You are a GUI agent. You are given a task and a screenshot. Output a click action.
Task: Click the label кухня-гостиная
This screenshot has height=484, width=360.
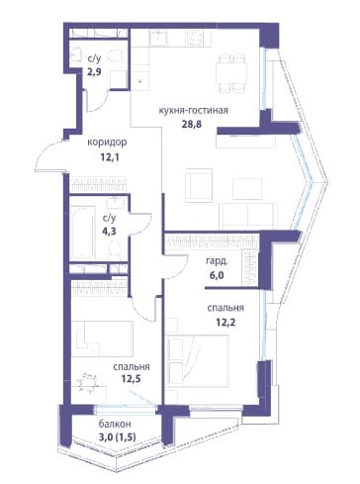(194, 111)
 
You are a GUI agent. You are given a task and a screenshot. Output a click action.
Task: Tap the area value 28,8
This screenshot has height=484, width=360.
(192, 125)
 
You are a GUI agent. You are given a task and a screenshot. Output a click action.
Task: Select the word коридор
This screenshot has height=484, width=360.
(107, 143)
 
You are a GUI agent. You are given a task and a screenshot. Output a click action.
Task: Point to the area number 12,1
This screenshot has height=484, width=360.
(110, 156)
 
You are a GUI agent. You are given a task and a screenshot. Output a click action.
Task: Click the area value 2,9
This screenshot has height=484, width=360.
(94, 72)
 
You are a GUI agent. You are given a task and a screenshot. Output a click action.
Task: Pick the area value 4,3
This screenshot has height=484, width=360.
(109, 231)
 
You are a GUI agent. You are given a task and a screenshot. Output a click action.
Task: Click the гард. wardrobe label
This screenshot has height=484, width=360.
(217, 261)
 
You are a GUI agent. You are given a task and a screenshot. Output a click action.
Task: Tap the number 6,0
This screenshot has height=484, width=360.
(217, 275)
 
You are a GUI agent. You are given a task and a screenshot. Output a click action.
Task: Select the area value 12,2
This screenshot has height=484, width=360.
(225, 322)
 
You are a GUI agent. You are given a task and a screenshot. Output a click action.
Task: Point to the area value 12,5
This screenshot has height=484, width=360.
(131, 378)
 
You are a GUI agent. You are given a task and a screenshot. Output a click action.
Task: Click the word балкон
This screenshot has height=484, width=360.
(115, 424)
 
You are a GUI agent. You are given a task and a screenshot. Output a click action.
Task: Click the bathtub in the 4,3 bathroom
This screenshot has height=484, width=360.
(83, 232)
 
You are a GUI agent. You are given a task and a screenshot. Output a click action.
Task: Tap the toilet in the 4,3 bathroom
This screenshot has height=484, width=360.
(114, 250)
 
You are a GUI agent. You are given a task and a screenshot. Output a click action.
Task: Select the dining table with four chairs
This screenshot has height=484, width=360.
(231, 72)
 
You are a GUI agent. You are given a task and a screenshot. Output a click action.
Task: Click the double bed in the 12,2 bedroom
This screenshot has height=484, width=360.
(198, 361)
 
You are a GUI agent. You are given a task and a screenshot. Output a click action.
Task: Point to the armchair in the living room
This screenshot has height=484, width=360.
(199, 185)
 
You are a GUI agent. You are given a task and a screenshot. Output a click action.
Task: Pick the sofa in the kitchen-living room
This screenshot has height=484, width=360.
(248, 217)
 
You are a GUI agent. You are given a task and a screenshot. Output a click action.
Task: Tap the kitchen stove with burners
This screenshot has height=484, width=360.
(198, 38)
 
